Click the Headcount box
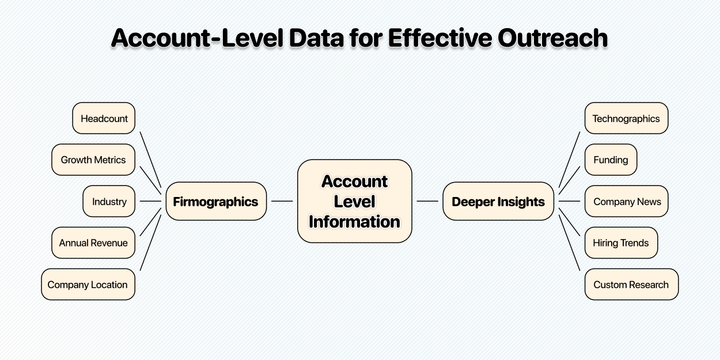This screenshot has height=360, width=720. (104, 118)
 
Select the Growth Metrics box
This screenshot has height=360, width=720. (93, 160)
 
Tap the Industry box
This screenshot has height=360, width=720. (109, 201)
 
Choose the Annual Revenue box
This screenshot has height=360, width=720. (93, 242)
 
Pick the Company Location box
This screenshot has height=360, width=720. (88, 285)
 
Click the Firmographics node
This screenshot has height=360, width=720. (216, 201)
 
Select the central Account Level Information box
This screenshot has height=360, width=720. (355, 201)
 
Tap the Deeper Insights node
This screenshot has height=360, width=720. (498, 201)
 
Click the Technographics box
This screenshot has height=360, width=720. (626, 118)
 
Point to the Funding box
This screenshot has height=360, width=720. (611, 160)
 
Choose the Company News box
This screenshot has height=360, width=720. (626, 201)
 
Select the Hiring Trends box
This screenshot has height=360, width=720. (621, 242)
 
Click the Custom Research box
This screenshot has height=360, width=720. (632, 285)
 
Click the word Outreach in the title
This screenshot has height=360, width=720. (553, 38)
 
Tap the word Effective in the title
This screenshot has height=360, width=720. (440, 38)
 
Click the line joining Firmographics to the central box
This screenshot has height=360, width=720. (282, 201)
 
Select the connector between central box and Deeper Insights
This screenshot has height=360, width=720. (427, 201)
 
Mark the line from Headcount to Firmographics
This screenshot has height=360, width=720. (150, 160)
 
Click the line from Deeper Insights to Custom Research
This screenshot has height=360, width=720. (569, 242)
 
